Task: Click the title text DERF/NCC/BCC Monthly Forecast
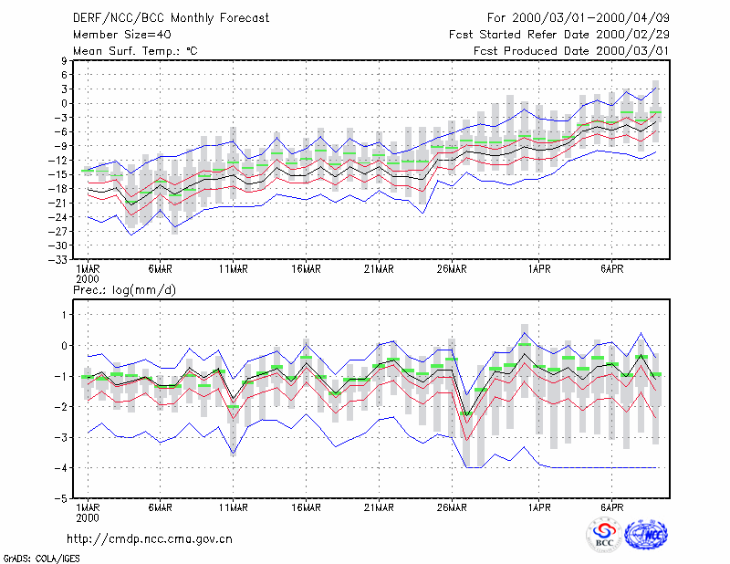point(171,18)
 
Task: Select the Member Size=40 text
point(122,35)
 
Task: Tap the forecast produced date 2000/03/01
point(632,51)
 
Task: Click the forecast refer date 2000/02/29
point(632,35)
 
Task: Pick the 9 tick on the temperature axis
point(64,60)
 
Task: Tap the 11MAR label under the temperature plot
point(234,269)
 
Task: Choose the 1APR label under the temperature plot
point(539,269)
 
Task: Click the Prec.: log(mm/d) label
point(124,290)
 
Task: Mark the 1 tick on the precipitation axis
point(65,315)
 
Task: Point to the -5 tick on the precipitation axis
point(60,499)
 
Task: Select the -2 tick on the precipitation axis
point(60,407)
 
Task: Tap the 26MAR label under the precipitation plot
point(452,507)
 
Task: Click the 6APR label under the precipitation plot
point(611,507)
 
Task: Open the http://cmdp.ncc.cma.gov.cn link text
point(150,539)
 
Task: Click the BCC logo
point(604,535)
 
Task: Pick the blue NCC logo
point(646,535)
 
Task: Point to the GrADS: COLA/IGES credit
point(41,559)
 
